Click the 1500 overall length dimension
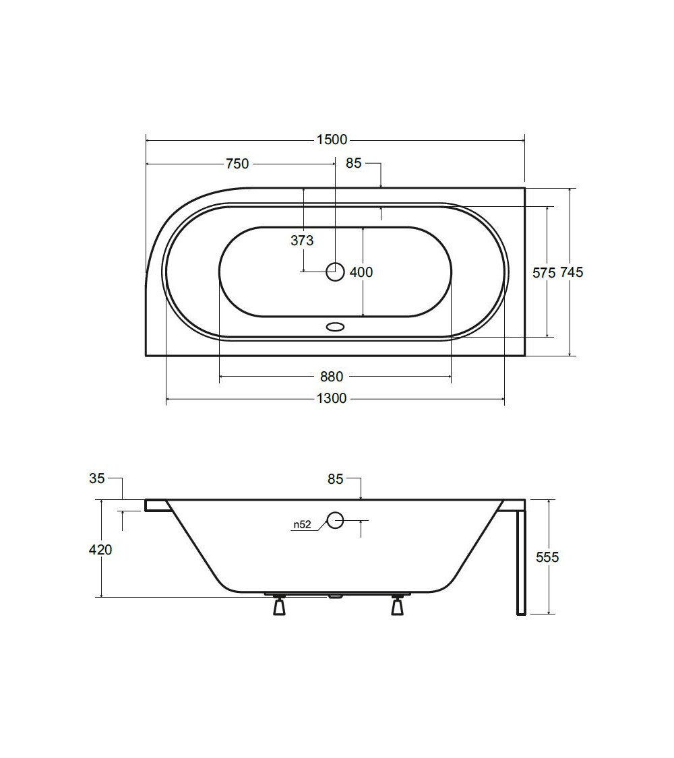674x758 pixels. point(332,139)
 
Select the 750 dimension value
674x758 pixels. point(237,164)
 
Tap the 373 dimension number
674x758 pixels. point(302,241)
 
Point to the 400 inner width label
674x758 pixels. point(361,272)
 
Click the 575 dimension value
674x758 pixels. point(544,273)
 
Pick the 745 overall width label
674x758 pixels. point(572,272)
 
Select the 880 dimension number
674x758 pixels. point(332,376)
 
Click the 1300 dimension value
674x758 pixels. point(332,398)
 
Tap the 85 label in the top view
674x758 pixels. point(353,164)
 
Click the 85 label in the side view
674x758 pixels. point(335,479)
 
